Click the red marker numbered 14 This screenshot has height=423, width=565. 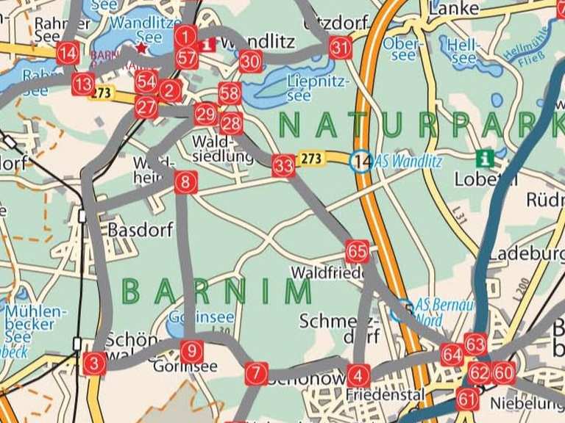(x=68, y=53)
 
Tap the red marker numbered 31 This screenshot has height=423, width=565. (x=340, y=48)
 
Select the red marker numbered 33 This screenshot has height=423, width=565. (x=283, y=166)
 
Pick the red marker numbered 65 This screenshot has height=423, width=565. (x=357, y=252)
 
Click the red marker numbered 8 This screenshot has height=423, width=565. (x=186, y=181)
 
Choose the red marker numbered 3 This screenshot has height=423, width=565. (x=94, y=364)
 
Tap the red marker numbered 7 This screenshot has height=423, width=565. (x=255, y=374)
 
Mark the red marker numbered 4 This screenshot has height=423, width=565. (x=358, y=375)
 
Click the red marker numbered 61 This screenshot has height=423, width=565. (x=467, y=399)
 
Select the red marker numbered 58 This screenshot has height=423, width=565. (x=230, y=93)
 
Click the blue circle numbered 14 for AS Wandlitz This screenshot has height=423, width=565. (x=360, y=161)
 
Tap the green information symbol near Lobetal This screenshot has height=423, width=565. (x=484, y=157)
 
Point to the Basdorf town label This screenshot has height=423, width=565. (x=141, y=230)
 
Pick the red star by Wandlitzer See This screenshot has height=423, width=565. (x=141, y=48)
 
